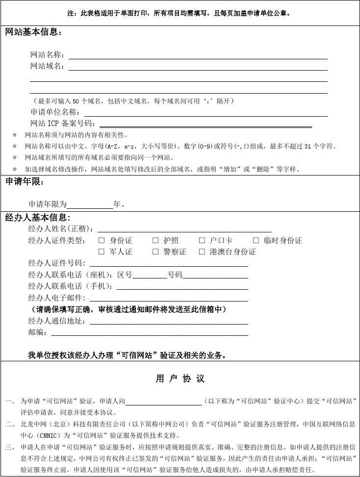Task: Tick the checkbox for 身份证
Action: click(x=102, y=240)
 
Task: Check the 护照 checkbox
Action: click(x=155, y=240)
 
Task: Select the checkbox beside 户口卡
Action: click(x=202, y=240)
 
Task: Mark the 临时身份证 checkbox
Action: click(x=256, y=240)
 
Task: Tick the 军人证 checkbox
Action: click(x=102, y=252)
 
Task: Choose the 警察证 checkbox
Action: click(x=155, y=252)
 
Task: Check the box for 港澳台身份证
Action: click(x=202, y=252)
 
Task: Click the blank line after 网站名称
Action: click(x=198, y=56)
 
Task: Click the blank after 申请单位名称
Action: click(x=206, y=113)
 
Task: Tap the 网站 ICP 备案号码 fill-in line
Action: click(x=206, y=125)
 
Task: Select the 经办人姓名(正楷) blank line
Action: click(x=184, y=229)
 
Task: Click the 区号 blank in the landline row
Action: click(x=150, y=275)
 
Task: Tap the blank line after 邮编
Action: click(x=150, y=333)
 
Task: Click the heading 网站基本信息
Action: click(x=33, y=33)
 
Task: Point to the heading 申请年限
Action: click(x=25, y=182)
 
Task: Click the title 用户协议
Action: click(x=180, y=379)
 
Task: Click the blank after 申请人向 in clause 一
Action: click(x=163, y=402)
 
